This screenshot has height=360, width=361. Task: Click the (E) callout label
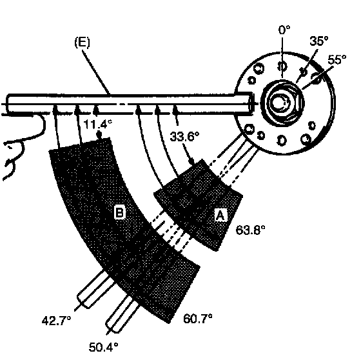(83, 43)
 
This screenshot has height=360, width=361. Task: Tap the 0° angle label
(284, 30)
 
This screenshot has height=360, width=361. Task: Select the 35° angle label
(318, 41)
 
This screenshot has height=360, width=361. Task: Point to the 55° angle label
(337, 60)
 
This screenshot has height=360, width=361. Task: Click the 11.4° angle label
(97, 125)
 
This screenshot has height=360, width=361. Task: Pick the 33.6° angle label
(184, 136)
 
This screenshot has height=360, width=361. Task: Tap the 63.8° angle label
(251, 230)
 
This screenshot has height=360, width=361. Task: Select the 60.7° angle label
(198, 319)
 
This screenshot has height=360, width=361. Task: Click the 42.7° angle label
(57, 321)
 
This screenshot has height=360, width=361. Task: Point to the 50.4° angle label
(104, 347)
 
